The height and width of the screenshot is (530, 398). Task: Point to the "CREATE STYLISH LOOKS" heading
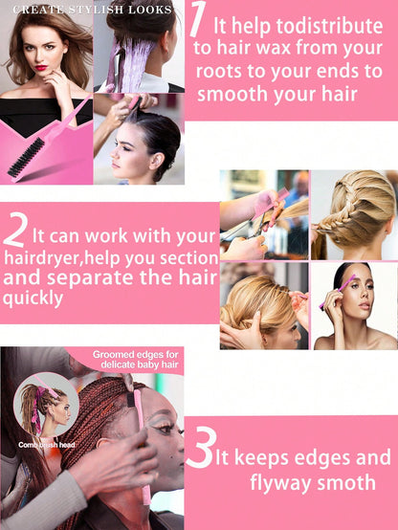(93, 9)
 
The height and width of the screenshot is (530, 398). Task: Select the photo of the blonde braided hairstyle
(353, 214)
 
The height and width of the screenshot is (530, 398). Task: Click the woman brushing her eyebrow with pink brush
(354, 306)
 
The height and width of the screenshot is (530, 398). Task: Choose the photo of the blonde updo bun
(263, 306)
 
